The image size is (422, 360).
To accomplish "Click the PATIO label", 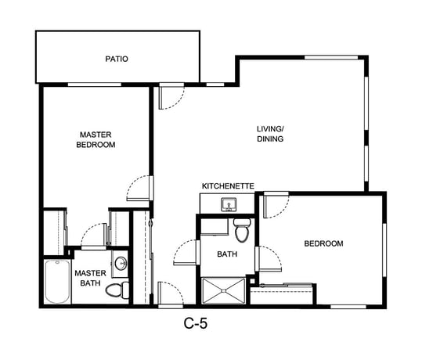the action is click(117, 59).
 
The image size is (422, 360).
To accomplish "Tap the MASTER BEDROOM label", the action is click(96, 139).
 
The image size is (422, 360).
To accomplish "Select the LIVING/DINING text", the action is click(270, 134).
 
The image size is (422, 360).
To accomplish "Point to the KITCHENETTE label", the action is click(228, 186).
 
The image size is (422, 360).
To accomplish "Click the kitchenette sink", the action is click(229, 204).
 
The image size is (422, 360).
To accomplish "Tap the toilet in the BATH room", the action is click(242, 230).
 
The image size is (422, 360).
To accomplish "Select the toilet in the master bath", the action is click(117, 290).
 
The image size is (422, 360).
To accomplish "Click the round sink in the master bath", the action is click(121, 264).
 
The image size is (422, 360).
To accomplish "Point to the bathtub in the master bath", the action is click(57, 282).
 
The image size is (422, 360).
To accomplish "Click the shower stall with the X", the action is click(224, 291).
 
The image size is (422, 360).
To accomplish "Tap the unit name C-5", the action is click(196, 323).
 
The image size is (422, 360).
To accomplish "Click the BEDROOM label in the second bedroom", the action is click(323, 243).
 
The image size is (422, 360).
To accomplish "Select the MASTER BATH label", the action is click(91, 278).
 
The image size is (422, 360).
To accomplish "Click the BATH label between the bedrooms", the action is click(227, 254).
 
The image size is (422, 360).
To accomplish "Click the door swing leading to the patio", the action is click(171, 96).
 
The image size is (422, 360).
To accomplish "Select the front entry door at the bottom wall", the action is click(171, 294).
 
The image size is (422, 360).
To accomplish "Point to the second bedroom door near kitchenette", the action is click(276, 205).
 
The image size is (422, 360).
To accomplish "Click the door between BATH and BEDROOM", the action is click(269, 259).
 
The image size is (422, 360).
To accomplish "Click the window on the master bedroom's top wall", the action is click(95, 85).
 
